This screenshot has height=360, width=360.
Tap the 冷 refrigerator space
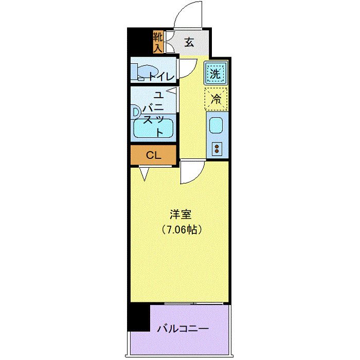(x=215, y=98)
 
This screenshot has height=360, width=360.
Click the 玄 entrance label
(x=189, y=42)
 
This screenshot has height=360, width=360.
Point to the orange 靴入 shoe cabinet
(x=157, y=42)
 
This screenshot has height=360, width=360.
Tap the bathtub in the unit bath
(x=153, y=129)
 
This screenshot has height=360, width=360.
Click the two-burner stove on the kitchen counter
(x=217, y=149)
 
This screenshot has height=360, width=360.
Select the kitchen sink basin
(x=215, y=125)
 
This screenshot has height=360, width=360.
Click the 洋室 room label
(x=179, y=213)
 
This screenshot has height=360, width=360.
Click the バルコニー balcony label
(x=183, y=328)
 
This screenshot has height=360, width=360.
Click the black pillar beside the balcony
(x=138, y=318)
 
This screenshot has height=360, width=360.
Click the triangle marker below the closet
(x=144, y=173)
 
